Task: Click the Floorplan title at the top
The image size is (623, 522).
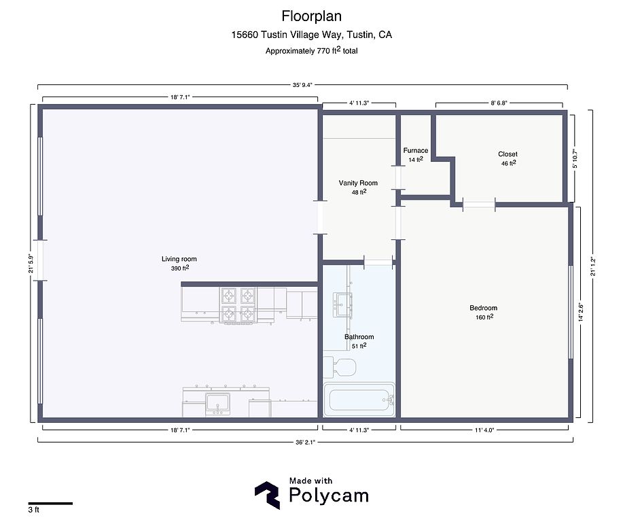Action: click(311, 16)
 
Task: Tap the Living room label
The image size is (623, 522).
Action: click(179, 259)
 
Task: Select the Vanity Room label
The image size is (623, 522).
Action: click(358, 183)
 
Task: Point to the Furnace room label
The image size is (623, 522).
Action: click(416, 150)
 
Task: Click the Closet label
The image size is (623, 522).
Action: click(508, 154)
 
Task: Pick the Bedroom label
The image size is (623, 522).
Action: click(483, 308)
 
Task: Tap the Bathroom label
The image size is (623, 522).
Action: click(359, 336)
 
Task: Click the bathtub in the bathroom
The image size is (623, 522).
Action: click(359, 399)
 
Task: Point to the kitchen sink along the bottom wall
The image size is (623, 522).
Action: click(217, 404)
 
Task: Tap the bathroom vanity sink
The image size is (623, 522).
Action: click(342, 305)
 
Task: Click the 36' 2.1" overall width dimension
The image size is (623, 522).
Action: click(305, 442)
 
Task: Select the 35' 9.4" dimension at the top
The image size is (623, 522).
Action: click(303, 85)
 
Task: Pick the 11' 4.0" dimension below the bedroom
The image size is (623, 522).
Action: click(484, 430)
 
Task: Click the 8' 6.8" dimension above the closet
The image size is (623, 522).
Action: click(499, 103)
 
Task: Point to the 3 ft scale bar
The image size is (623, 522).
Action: click(50, 504)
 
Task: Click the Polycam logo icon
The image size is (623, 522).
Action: click(267, 495)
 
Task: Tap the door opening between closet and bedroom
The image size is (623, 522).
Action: click(479, 205)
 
